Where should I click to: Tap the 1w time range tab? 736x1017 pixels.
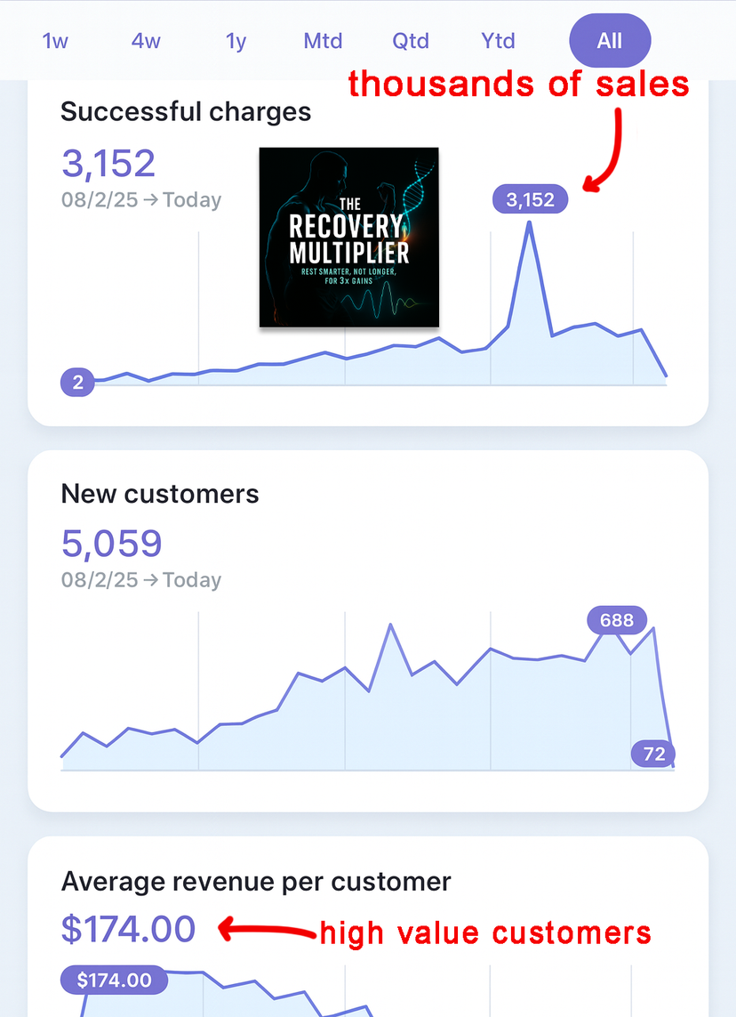(x=55, y=41)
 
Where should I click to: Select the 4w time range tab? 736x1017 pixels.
(x=145, y=41)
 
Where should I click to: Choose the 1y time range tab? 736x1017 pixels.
(x=236, y=41)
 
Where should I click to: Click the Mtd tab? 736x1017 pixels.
(x=323, y=41)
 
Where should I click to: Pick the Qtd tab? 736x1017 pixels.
(x=411, y=41)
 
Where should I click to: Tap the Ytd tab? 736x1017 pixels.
(x=498, y=41)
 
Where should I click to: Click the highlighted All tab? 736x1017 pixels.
(x=610, y=41)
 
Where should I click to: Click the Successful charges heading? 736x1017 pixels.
(x=186, y=112)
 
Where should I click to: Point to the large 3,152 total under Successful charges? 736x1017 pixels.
(x=108, y=163)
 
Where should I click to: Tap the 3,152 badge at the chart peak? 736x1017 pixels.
(x=530, y=200)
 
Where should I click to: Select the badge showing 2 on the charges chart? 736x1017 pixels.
(x=78, y=383)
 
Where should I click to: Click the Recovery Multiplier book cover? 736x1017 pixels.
(x=349, y=237)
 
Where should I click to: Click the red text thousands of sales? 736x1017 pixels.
(x=518, y=84)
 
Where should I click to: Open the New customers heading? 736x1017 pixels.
(x=160, y=494)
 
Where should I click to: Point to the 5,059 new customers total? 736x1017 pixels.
(x=112, y=543)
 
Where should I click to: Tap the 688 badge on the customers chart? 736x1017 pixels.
(x=617, y=620)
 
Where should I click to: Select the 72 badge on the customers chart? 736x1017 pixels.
(x=653, y=754)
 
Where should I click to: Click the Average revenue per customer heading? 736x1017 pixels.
(x=256, y=882)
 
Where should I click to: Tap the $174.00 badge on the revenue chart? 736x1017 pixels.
(x=114, y=981)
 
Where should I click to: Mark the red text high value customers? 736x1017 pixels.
(x=485, y=933)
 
